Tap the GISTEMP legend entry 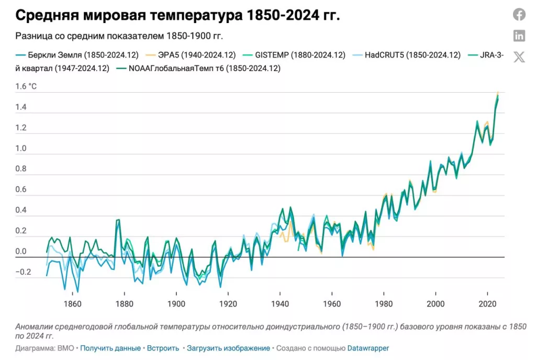tap(300, 55)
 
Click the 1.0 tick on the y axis tap(21, 149)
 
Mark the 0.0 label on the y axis tap(21, 252)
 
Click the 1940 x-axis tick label tap(280, 303)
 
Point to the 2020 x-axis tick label tap(488, 303)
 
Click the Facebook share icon tap(519, 15)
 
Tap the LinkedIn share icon tap(519, 36)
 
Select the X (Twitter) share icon tap(519, 57)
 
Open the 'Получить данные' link tap(110, 348)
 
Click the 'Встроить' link tap(163, 348)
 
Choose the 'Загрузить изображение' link tap(228, 348)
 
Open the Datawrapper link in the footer tap(368, 348)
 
